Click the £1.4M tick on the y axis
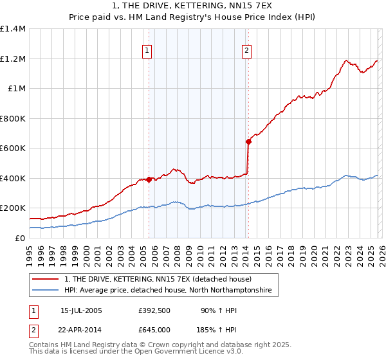tap(13, 29)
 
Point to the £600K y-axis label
tap(13, 148)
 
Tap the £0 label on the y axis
tap(19, 238)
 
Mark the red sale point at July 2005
tap(149, 179)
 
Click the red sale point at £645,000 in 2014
tap(248, 141)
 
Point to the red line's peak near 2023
tap(346, 61)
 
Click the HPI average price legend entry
tap(168, 291)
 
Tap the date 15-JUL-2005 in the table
tap(81, 310)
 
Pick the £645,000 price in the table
tap(154, 329)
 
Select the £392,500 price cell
tap(154, 310)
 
